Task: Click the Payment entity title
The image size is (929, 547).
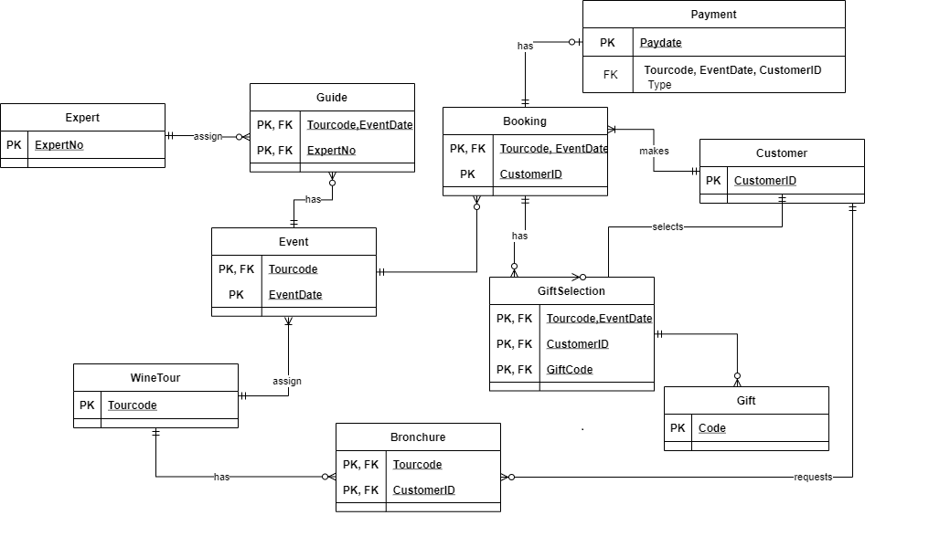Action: pyautogui.click(x=713, y=15)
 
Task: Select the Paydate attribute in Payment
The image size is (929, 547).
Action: pyautogui.click(x=660, y=43)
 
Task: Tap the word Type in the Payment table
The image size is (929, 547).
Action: pyautogui.click(x=659, y=85)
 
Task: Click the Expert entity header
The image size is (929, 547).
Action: pyautogui.click(x=82, y=118)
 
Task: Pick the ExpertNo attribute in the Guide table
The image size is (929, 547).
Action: pyautogui.click(x=331, y=151)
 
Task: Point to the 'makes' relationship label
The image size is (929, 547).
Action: pyautogui.click(x=654, y=152)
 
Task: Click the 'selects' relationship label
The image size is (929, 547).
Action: pyautogui.click(x=667, y=226)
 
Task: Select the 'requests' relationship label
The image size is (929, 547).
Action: pyautogui.click(x=813, y=477)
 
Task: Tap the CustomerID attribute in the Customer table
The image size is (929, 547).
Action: pyautogui.click(x=764, y=181)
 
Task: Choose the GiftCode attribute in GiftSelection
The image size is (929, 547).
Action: pyautogui.click(x=570, y=370)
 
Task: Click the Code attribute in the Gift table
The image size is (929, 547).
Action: pyautogui.click(x=711, y=428)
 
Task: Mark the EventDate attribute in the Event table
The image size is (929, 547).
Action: pyautogui.click(x=295, y=295)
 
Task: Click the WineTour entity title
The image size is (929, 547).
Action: pyautogui.click(x=155, y=378)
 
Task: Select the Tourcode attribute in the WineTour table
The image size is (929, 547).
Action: pyautogui.click(x=133, y=405)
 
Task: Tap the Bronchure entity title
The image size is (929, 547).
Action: pyautogui.click(x=418, y=437)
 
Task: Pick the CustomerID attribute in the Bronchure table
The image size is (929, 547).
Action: pyautogui.click(x=423, y=490)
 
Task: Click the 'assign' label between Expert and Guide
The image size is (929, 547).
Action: pyautogui.click(x=208, y=136)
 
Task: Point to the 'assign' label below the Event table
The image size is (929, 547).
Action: pyautogui.click(x=287, y=381)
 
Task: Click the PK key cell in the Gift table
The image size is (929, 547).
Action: pyautogui.click(x=678, y=428)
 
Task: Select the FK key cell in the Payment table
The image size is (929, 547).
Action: pyautogui.click(x=610, y=75)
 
